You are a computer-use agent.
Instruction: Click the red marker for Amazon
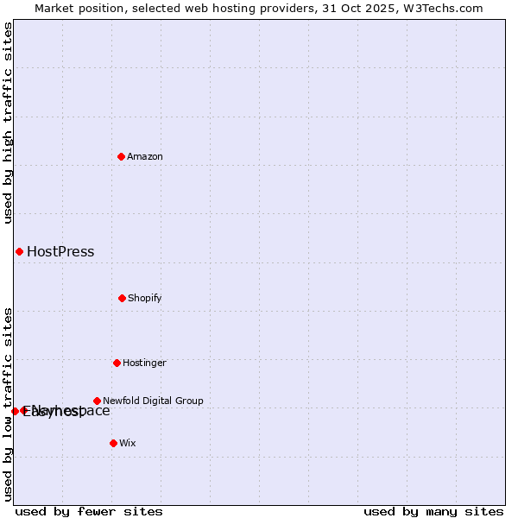click(x=121, y=156)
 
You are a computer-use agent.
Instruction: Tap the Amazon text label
click(x=145, y=156)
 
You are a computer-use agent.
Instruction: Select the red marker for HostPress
click(x=19, y=251)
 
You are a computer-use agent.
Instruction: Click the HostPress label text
click(x=60, y=252)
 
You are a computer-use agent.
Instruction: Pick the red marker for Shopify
click(x=122, y=298)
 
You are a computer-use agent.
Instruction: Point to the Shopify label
click(x=145, y=298)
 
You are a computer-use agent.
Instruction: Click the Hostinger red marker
click(x=117, y=363)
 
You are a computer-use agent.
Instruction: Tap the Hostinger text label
click(x=144, y=363)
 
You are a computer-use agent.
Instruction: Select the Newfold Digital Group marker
click(x=97, y=401)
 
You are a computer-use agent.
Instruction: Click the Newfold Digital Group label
click(x=153, y=401)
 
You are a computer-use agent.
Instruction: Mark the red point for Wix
click(x=113, y=443)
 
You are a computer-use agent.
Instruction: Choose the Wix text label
click(x=128, y=443)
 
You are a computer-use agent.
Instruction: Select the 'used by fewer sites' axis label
click(x=89, y=511)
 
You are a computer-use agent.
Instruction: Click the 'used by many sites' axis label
click(x=433, y=511)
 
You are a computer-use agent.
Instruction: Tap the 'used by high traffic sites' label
click(x=8, y=123)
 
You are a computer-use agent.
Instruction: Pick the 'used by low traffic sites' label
click(x=8, y=404)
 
